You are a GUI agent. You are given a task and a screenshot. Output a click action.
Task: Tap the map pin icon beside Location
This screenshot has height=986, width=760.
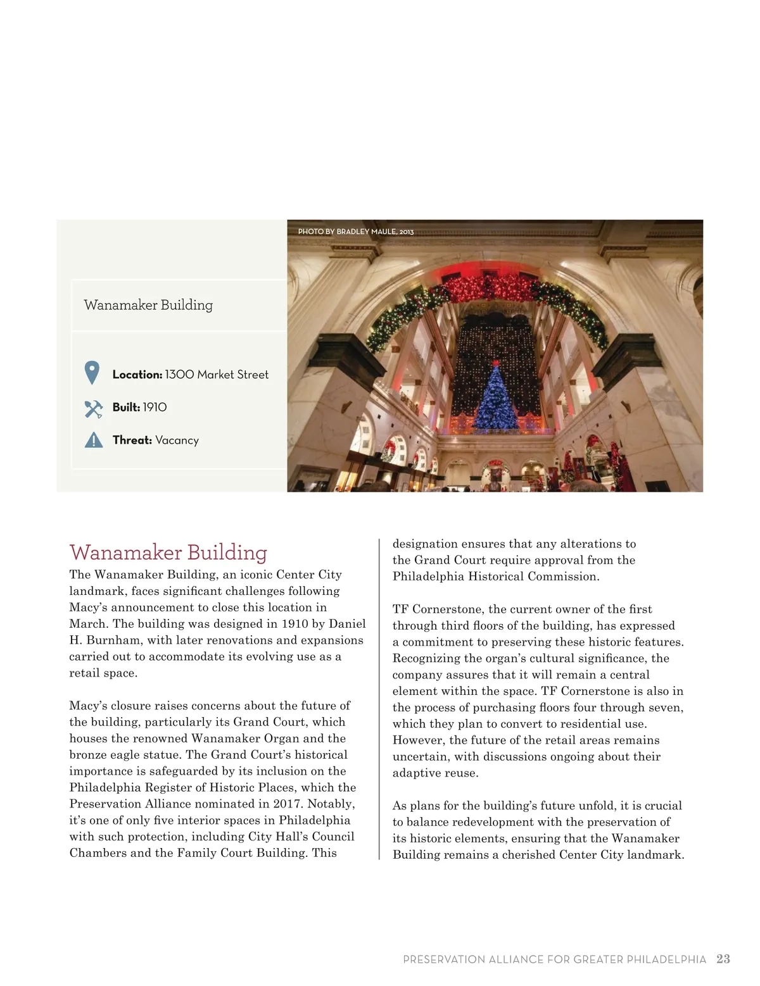point(92,373)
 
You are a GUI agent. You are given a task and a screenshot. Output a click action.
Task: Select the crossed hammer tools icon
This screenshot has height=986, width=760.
point(93,408)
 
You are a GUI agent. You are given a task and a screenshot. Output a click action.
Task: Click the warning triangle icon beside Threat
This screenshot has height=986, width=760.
point(93,440)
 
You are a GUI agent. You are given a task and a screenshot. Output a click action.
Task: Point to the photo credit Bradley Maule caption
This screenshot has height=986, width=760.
point(355,232)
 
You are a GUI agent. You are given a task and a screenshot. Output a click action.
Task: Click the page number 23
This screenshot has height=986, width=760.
point(723,959)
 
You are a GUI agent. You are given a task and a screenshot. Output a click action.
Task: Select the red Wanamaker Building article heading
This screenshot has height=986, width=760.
point(168,552)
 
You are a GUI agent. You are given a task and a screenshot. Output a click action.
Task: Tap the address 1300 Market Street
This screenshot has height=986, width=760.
point(217,375)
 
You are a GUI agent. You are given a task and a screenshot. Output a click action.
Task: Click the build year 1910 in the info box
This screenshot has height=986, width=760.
point(155,408)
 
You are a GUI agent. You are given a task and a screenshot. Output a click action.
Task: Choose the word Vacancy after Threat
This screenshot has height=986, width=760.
point(177,440)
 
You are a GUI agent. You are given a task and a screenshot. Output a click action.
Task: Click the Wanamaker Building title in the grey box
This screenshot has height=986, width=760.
point(148,305)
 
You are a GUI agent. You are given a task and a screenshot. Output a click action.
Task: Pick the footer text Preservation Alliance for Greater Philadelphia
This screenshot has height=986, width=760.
point(554,959)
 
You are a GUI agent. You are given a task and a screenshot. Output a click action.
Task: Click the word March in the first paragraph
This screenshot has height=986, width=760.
point(87,623)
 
